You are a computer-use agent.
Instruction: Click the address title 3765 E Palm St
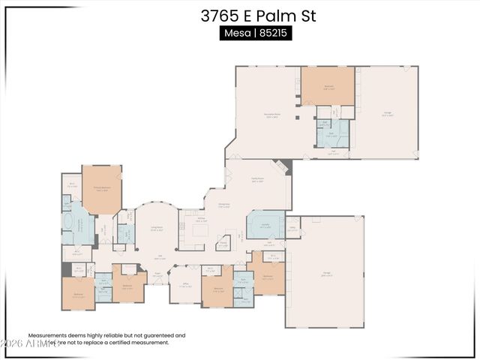coord(239,15)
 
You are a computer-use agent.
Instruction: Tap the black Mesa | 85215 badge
coord(239,34)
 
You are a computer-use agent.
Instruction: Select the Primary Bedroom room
coord(101,190)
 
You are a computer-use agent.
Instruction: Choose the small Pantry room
coord(223,243)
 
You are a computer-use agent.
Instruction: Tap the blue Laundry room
coord(265,225)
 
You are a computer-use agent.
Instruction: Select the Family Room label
coord(256,180)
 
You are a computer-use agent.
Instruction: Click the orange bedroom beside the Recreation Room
coord(328,86)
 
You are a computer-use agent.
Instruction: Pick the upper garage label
coord(388,114)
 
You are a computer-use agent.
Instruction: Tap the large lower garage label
coord(325,275)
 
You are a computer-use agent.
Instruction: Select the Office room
coord(184,285)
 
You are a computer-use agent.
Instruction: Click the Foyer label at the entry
coord(158,274)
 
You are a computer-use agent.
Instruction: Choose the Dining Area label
coord(223,205)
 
